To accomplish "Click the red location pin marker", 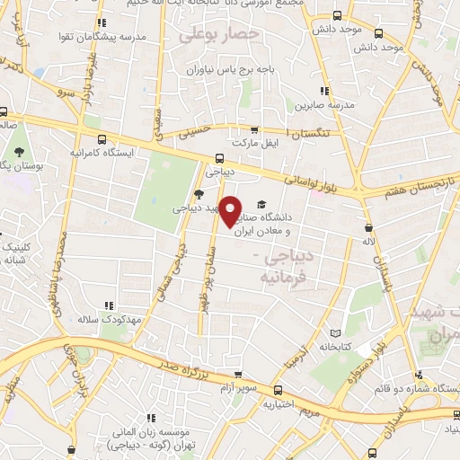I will [x=232, y=210].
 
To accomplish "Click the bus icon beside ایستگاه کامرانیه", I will [x=102, y=139].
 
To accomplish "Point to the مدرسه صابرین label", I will [x=323, y=104].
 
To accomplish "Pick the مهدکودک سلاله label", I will [x=99, y=319].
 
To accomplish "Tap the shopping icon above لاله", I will [x=367, y=227].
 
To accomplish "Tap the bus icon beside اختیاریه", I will [x=278, y=390].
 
